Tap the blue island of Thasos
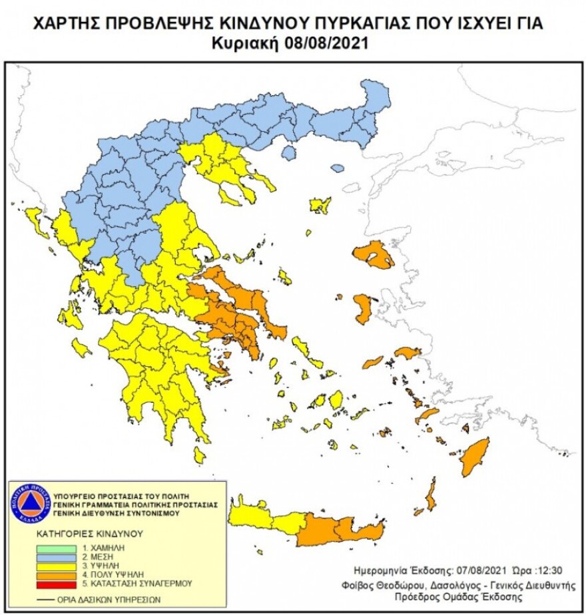click(x=288, y=153)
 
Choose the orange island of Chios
click(x=364, y=309)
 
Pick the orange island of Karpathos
click(x=430, y=495)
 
